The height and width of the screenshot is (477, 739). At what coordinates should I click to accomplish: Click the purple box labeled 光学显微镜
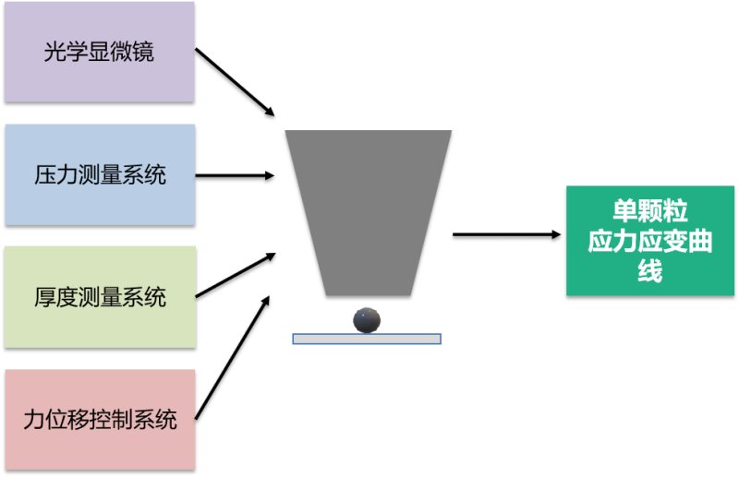click(99, 52)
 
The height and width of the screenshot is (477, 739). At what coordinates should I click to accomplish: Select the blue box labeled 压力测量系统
click(100, 174)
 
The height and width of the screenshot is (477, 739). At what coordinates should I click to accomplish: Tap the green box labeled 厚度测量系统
click(100, 297)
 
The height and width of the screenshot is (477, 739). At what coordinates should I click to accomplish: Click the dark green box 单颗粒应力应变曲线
click(649, 240)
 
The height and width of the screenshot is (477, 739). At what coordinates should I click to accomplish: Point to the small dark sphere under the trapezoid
click(367, 319)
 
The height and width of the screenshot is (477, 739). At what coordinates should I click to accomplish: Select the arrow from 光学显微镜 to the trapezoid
click(236, 83)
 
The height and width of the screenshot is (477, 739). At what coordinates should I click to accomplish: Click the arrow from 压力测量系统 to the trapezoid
click(236, 174)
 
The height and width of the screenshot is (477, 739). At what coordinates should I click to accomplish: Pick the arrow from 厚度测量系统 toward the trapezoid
click(236, 275)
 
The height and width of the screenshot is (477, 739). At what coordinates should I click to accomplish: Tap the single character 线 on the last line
click(649, 272)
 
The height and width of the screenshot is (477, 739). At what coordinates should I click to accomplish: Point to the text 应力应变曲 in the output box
click(649, 241)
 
